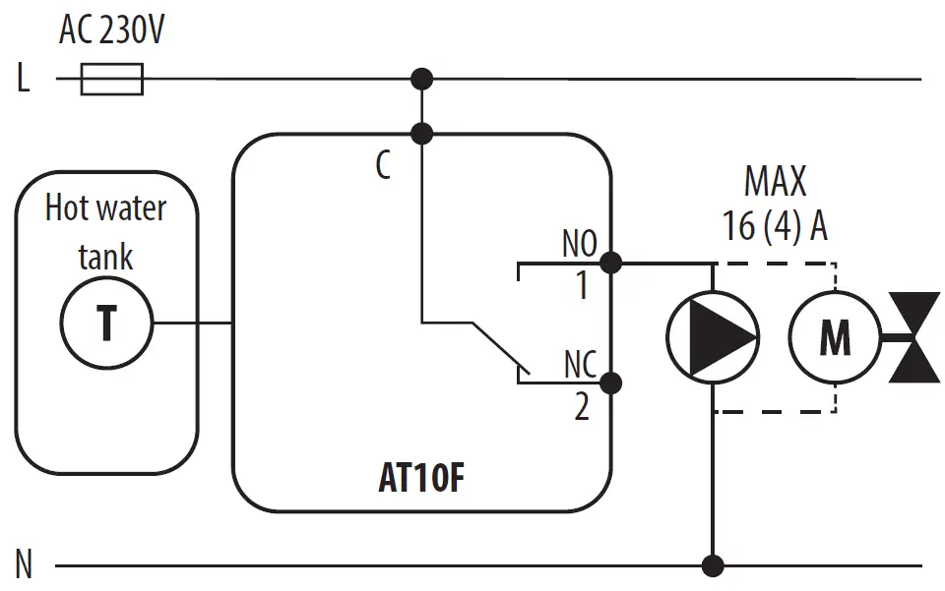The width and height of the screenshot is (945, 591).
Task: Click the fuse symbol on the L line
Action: pyautogui.click(x=111, y=79)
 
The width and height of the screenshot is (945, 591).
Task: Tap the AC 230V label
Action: pyautogui.click(x=111, y=30)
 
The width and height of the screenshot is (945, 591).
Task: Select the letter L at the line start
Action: pyautogui.click(x=24, y=79)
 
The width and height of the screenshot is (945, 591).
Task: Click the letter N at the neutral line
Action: pyautogui.click(x=24, y=566)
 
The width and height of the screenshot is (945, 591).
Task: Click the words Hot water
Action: pyautogui.click(x=106, y=208)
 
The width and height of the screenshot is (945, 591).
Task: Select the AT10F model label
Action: pyautogui.click(x=420, y=479)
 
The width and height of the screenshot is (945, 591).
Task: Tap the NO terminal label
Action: pyautogui.click(x=579, y=244)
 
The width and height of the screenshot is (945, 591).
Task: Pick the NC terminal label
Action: pyautogui.click(x=580, y=365)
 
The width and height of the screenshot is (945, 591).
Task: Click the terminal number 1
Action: pyautogui.click(x=581, y=286)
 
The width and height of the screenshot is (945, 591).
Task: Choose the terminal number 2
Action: pyautogui.click(x=582, y=406)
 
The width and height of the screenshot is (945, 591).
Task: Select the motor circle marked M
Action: pyautogui.click(x=836, y=337)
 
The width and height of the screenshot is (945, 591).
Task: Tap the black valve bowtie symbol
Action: pyautogui.click(x=914, y=337)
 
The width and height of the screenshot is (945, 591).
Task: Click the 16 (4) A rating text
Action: pyautogui.click(x=775, y=227)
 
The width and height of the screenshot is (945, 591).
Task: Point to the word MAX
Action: pyautogui.click(x=775, y=182)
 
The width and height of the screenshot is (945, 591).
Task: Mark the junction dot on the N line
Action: pyautogui.click(x=713, y=565)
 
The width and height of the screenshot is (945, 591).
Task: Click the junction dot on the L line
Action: pyautogui.click(x=421, y=79)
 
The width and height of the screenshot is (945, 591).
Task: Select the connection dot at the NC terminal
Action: pyautogui.click(x=610, y=383)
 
